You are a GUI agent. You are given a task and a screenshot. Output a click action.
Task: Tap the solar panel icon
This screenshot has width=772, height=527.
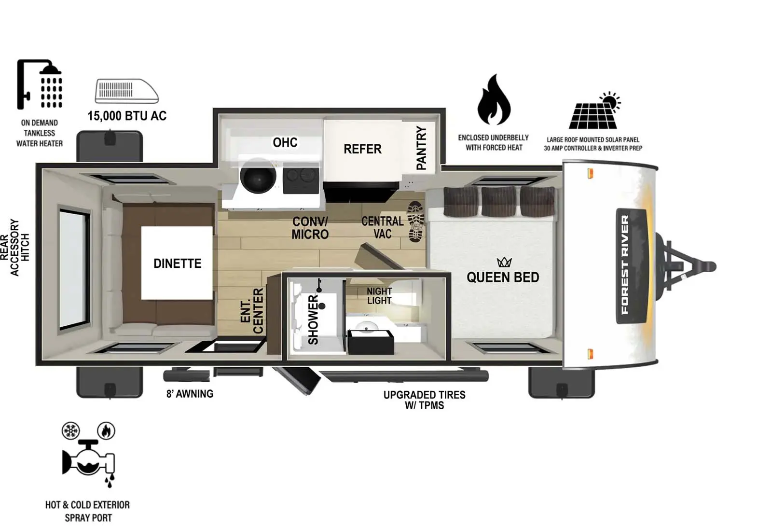pyautogui.click(x=595, y=111)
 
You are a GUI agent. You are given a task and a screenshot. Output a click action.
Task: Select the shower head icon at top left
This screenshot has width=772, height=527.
pyautogui.click(x=40, y=84)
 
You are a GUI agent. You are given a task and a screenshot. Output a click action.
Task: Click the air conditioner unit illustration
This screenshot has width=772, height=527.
pyautogui.click(x=126, y=91)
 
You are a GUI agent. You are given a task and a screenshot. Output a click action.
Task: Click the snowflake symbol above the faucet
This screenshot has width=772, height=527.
pyautogui.click(x=70, y=431)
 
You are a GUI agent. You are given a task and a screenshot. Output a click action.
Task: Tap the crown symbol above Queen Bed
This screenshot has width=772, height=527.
pyautogui.click(x=504, y=263)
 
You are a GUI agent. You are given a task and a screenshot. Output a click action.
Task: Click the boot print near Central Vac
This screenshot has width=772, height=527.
pyautogui.click(x=415, y=222)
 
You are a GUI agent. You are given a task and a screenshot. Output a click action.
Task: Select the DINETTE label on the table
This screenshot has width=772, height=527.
pyautogui.click(x=177, y=263)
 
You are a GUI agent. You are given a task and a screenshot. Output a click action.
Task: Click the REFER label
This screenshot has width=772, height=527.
pyautogui.click(x=362, y=149)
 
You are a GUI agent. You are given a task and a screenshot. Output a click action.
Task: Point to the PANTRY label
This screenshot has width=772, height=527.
pyautogui.click(x=421, y=148)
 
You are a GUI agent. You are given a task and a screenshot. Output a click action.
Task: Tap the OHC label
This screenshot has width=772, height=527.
pyautogui.click(x=285, y=142)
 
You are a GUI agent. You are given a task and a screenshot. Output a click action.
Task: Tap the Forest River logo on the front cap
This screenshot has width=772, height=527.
pyautogui.click(x=631, y=266)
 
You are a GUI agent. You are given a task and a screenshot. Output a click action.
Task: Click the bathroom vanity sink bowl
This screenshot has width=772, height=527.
pyautogui.click(x=366, y=326)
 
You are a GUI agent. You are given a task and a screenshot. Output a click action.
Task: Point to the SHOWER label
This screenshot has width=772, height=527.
pyautogui.click(x=313, y=319)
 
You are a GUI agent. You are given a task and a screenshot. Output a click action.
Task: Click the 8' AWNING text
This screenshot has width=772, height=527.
pyautogui.click(x=190, y=394)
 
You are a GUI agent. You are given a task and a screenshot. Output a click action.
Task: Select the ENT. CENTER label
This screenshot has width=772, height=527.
pyautogui.click(x=252, y=311)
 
